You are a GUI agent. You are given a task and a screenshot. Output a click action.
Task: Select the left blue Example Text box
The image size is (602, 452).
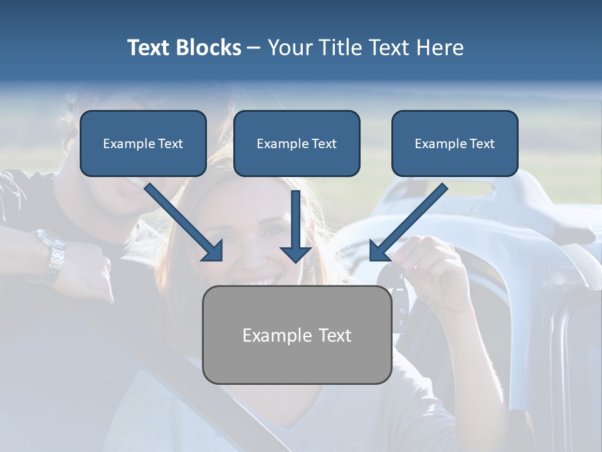(143, 144)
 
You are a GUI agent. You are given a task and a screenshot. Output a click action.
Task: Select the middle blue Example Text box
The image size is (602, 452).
(297, 144)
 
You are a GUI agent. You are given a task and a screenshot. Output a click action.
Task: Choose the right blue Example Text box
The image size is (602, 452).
(455, 144)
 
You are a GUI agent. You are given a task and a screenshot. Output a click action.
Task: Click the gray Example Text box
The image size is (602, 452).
(297, 335)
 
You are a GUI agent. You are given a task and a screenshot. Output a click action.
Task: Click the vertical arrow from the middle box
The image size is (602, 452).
(295, 226)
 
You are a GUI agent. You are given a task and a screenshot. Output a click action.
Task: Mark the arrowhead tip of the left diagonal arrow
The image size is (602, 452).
(221, 260)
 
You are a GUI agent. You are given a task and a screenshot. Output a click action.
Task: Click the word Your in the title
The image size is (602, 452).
(290, 48)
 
